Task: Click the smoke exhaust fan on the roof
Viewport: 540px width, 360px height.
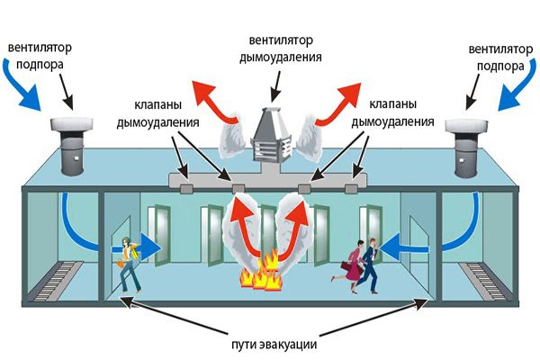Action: [x=272, y=135]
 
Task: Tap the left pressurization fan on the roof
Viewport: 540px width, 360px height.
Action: [x=72, y=147]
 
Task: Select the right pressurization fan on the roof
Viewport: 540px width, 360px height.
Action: [x=466, y=148]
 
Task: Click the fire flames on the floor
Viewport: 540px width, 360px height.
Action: [x=261, y=271]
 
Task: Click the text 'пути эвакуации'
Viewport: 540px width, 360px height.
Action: [x=274, y=345]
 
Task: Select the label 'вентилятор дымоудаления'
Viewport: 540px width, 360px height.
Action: [x=281, y=49]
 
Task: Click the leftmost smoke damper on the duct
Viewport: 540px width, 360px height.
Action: [x=187, y=188]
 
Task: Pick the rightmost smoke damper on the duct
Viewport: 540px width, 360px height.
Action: [x=351, y=188]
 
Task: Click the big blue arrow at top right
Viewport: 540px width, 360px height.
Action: [x=517, y=85]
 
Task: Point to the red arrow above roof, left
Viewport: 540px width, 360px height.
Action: [x=214, y=101]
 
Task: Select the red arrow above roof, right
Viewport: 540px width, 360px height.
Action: [x=338, y=103]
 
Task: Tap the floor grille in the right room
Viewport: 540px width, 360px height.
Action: [x=482, y=280]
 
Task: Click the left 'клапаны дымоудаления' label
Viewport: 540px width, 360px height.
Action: [x=157, y=113]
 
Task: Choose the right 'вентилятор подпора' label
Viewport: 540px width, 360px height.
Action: [x=500, y=58]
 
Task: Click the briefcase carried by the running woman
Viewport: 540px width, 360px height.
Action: [x=346, y=266]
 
